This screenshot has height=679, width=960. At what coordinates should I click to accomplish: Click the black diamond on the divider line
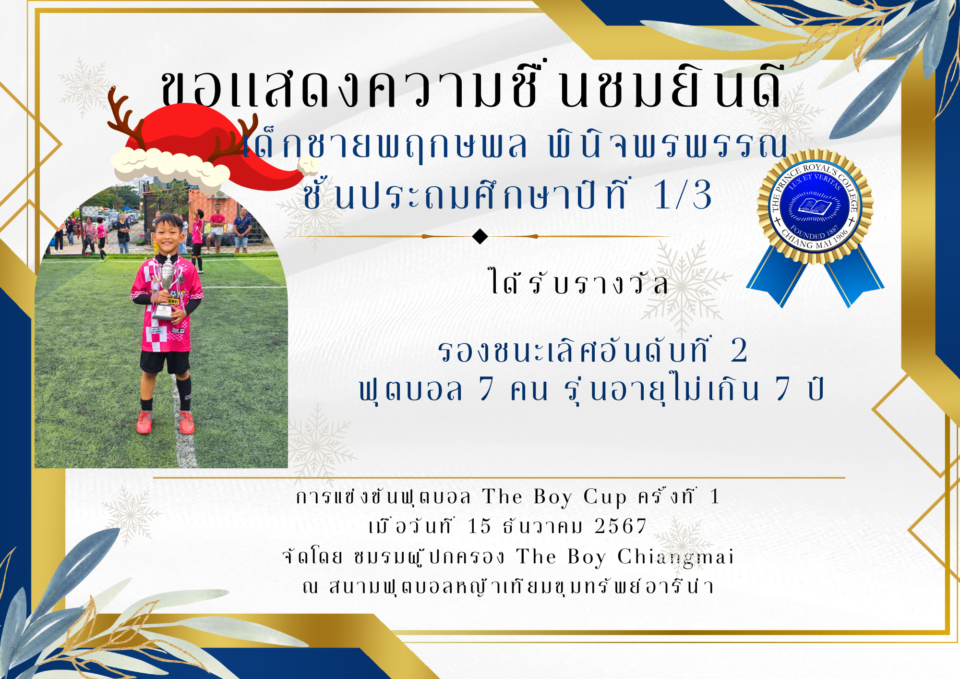pos(480,236)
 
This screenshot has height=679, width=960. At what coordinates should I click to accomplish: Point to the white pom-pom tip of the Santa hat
pos(308,166)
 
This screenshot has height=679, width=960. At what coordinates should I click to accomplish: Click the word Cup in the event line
pos(605,497)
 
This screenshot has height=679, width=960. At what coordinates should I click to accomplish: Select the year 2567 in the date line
pos(620,526)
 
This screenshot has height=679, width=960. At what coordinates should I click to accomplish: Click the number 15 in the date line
pos(480,526)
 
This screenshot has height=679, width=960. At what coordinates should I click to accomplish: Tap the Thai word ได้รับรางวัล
pos(578,282)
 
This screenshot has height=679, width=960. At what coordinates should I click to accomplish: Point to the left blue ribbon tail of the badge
pos(777,276)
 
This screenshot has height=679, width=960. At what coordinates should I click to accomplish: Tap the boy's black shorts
pos(165,362)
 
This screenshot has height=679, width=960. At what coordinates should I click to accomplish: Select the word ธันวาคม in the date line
pos(542,526)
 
